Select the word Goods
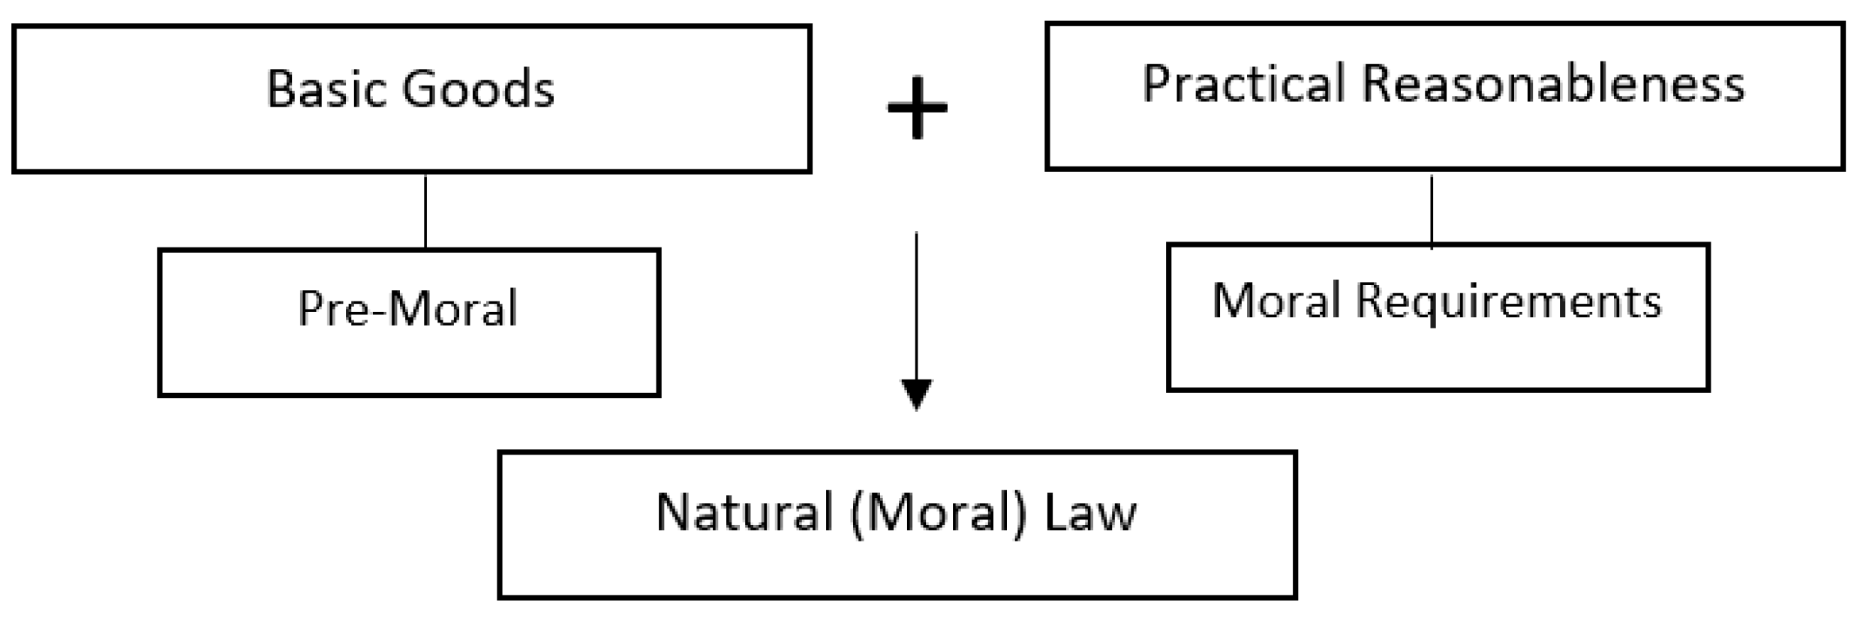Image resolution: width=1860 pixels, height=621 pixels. (478, 89)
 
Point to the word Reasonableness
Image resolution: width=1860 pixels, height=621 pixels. (1552, 83)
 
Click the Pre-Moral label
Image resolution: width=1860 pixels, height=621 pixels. (408, 308)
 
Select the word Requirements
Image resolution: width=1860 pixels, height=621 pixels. (1508, 302)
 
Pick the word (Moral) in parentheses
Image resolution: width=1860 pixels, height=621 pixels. (939, 514)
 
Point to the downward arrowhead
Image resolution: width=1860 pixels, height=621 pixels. (916, 393)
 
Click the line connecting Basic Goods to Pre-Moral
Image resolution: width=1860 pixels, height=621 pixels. (425, 211)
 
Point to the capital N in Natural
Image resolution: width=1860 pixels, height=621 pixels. (673, 513)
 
